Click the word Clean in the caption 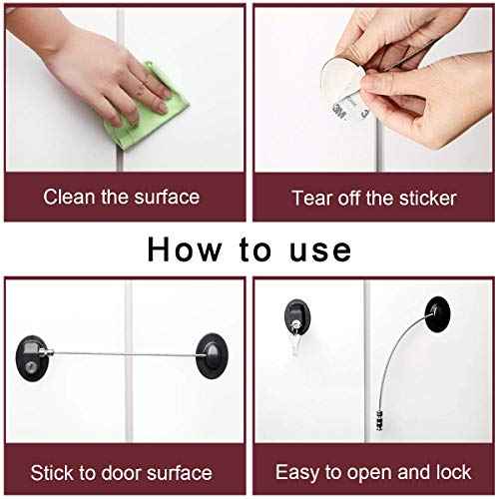pos(66,197)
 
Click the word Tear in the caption pos(311,197)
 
